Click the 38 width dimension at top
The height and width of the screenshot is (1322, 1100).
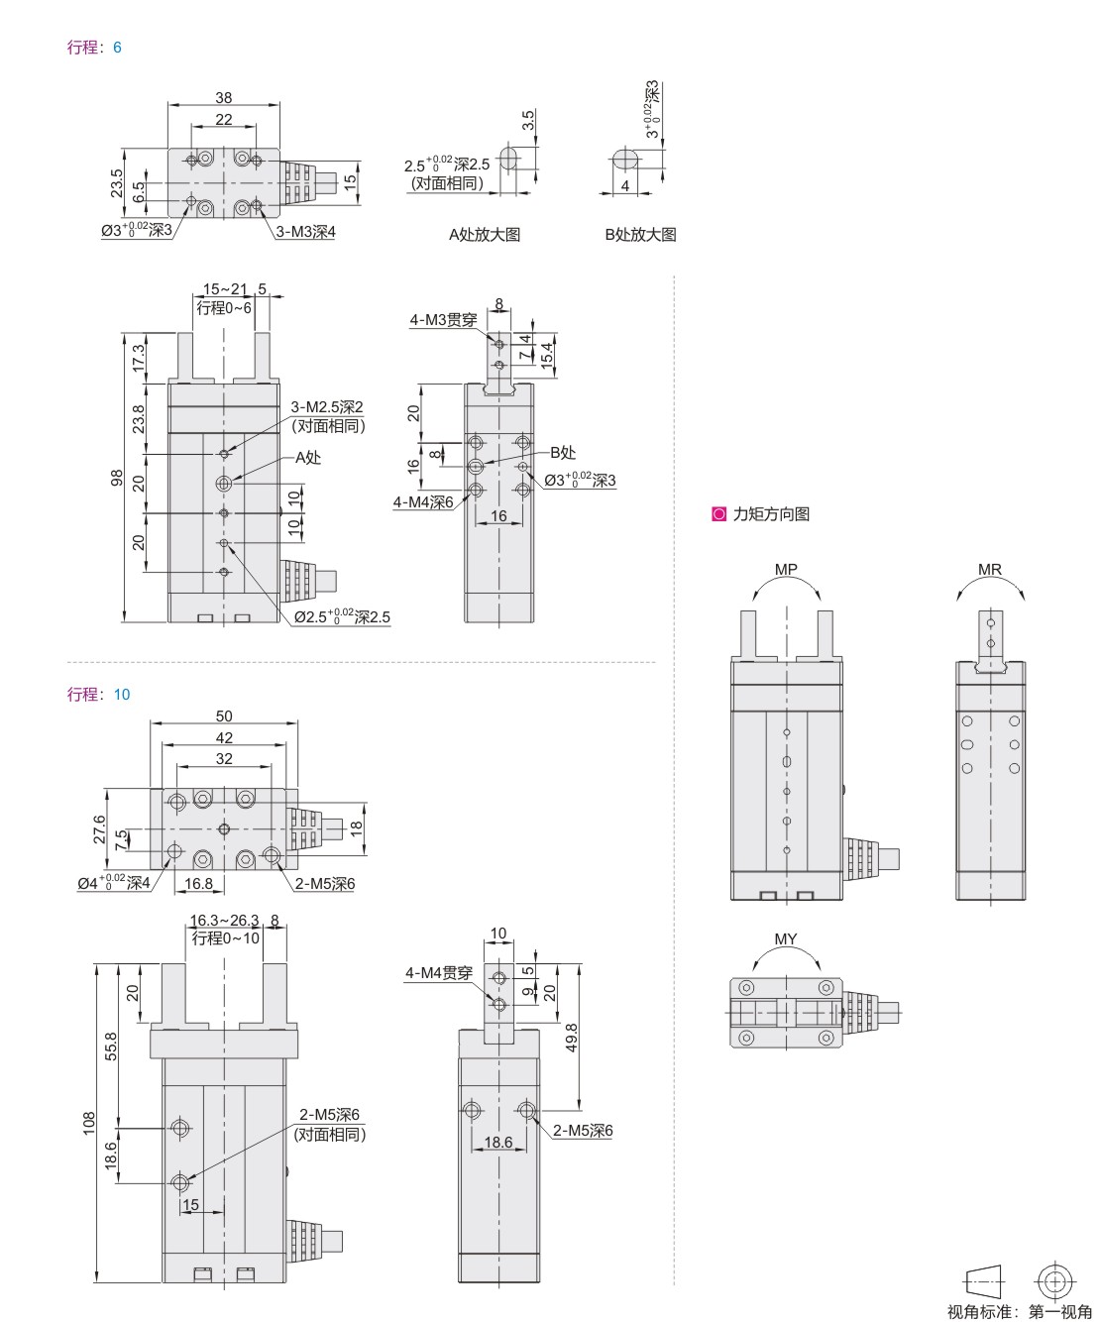[224, 97]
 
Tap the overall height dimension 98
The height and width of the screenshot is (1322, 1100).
[117, 478]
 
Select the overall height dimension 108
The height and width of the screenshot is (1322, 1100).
[88, 1123]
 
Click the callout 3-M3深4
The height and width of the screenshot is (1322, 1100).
[305, 232]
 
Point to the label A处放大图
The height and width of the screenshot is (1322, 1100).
[485, 235]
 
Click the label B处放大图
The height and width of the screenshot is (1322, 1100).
[640, 235]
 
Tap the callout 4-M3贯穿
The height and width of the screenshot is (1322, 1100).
[443, 320]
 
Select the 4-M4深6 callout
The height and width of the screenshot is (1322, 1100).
[423, 502]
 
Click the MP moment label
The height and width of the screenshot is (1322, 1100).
[786, 569]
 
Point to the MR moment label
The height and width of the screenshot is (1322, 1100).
[990, 569]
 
